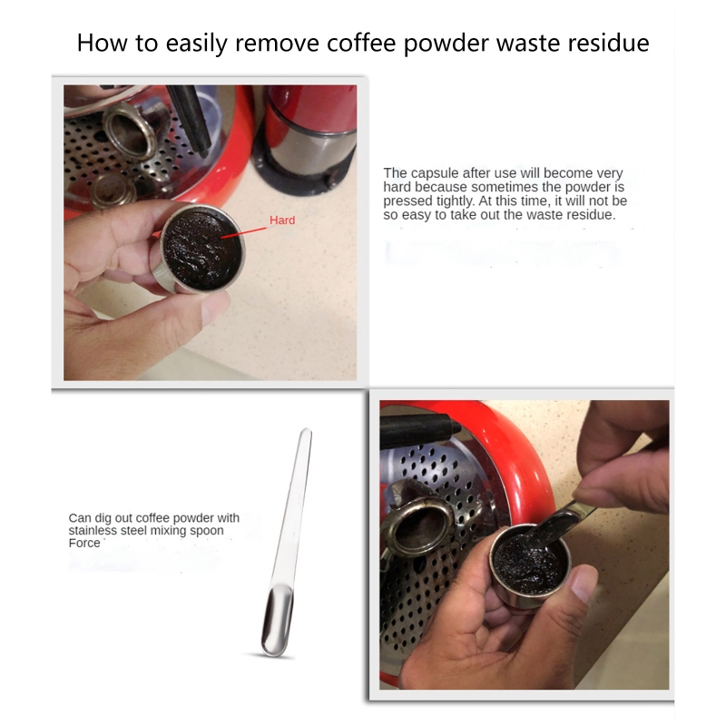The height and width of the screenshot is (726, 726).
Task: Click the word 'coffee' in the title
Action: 361,43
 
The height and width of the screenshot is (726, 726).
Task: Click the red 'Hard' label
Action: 282,220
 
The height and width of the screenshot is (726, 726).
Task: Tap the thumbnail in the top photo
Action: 216,307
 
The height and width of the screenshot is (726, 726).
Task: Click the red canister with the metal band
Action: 307,134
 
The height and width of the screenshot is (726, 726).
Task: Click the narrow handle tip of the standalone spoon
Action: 306,432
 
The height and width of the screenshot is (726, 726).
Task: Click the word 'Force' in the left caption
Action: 84,543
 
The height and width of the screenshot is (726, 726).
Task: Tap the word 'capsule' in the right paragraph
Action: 436,173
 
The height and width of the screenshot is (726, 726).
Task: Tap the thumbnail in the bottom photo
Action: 584,584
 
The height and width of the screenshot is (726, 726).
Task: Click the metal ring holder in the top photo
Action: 130,131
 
